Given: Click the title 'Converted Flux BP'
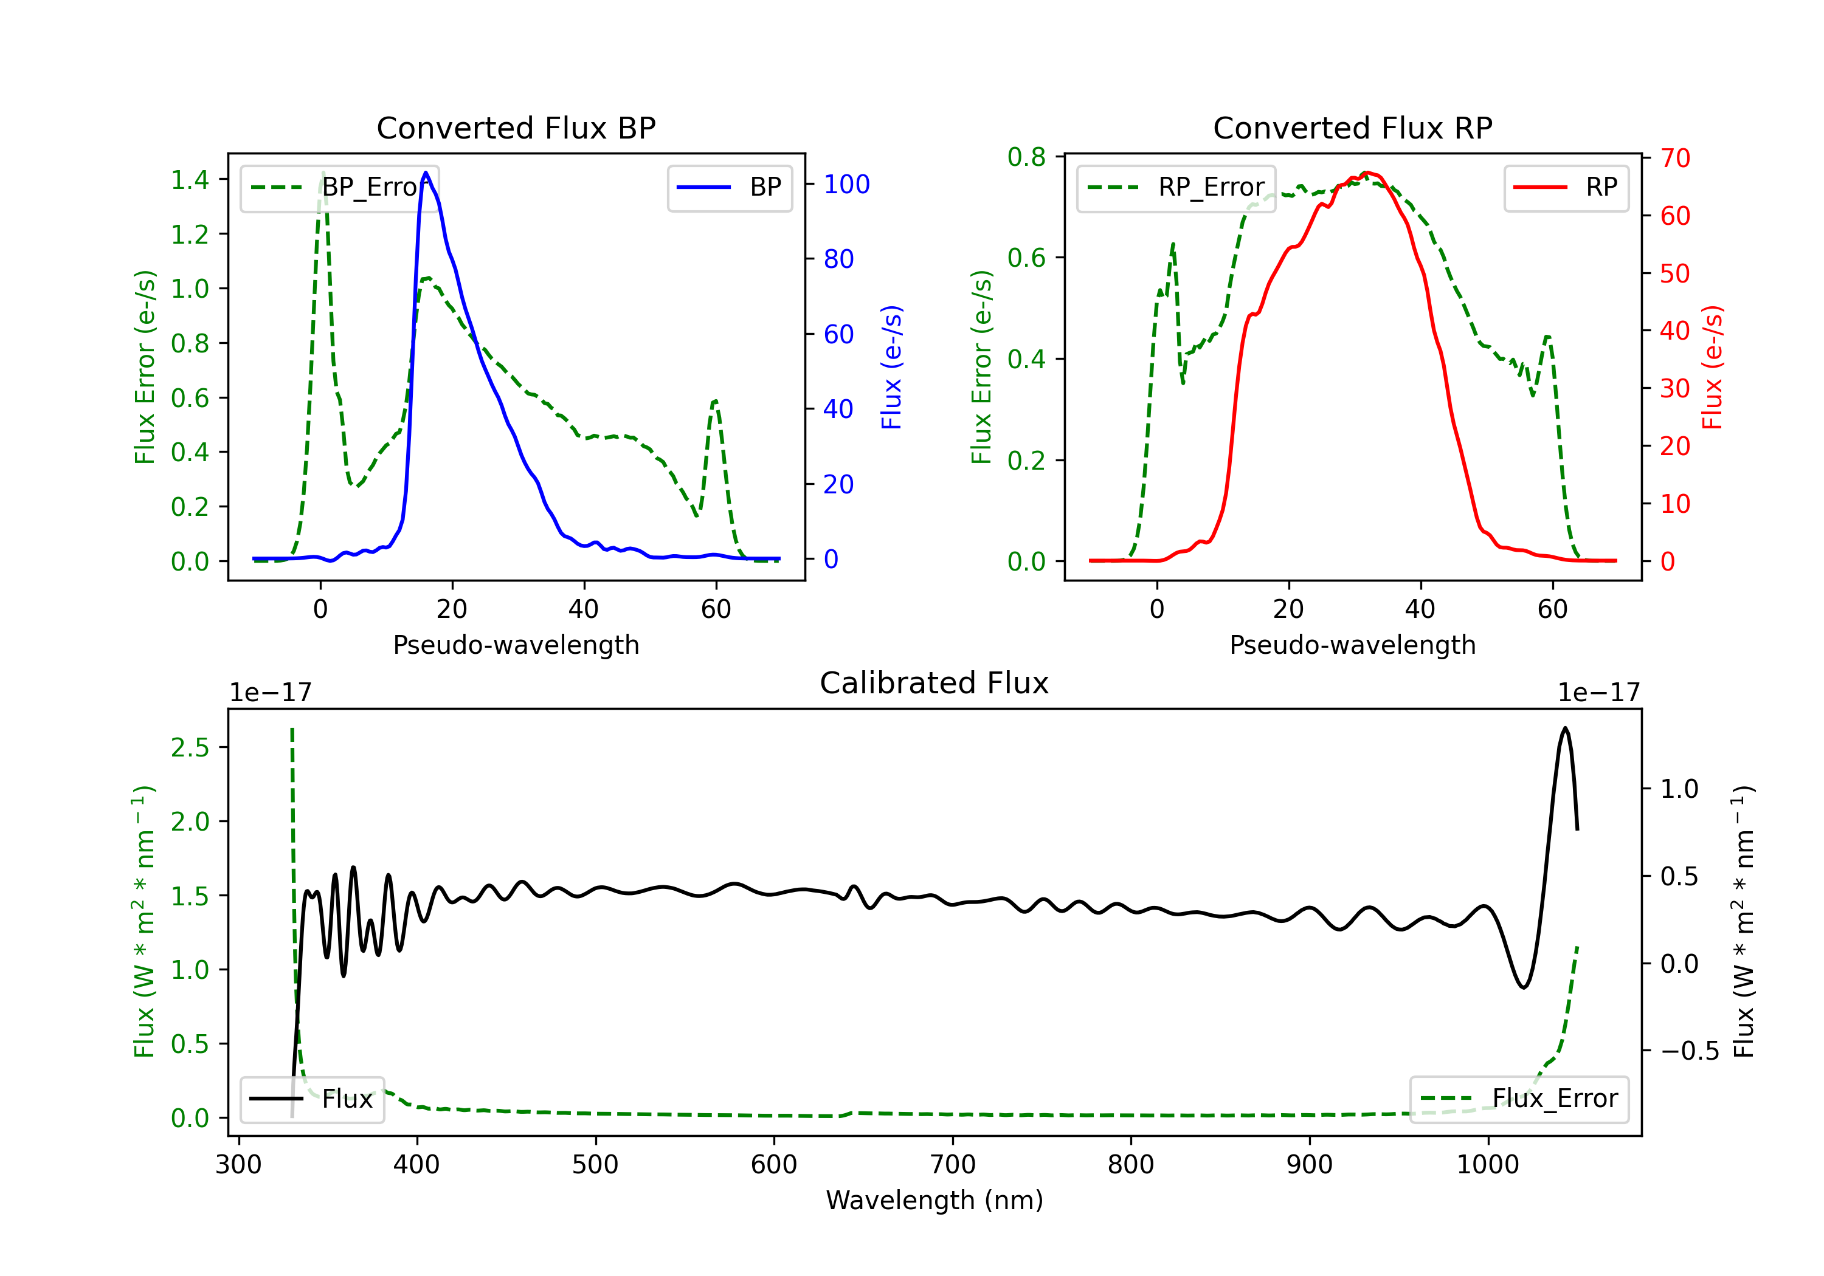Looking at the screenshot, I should click(516, 128).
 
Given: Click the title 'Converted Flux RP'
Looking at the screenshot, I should click(1352, 128).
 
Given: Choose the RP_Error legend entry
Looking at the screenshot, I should click(1176, 187).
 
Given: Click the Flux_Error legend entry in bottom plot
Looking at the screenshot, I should click(1519, 1099).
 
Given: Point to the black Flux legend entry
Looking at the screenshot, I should click(313, 1099).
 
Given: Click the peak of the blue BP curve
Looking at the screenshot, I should click(426, 173).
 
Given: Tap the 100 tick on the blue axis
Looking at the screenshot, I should click(846, 184).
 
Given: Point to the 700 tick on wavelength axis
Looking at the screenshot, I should click(953, 1165).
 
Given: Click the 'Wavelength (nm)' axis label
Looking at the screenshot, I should click(934, 1200).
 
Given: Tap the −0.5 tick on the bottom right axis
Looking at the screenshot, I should click(1689, 1051).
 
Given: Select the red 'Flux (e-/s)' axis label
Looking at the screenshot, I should click(1712, 367).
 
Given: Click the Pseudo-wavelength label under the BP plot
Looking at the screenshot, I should click(516, 645).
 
